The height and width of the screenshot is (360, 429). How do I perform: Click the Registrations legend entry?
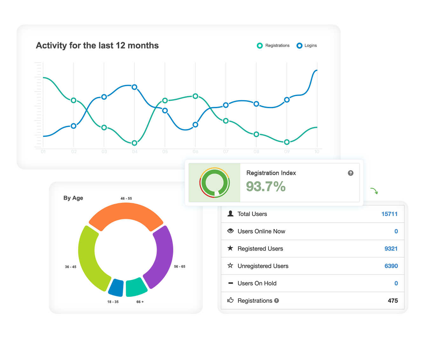[273, 45]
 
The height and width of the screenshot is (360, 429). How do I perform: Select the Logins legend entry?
[307, 45]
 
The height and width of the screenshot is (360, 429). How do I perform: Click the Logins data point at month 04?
[134, 87]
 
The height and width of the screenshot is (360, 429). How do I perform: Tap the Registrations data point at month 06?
[195, 96]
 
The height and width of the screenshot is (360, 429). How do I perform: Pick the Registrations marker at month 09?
[287, 142]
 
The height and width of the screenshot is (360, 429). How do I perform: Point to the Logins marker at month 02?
[73, 126]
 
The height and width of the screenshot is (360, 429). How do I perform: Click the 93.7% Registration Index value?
[266, 187]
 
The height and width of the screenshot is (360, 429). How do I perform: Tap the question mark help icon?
[351, 173]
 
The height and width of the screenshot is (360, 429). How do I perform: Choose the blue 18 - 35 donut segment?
[116, 287]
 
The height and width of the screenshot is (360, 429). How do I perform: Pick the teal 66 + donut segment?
[136, 287]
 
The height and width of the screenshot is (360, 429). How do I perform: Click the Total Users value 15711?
[389, 214]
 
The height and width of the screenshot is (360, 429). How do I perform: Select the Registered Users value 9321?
[391, 249]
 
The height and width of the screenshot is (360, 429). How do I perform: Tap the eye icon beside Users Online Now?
[230, 231]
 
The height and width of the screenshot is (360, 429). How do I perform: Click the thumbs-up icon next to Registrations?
[230, 300]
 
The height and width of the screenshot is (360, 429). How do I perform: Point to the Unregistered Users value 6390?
[391, 266]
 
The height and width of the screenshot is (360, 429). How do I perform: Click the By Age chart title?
[73, 198]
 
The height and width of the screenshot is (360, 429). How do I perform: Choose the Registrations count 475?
[393, 301]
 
